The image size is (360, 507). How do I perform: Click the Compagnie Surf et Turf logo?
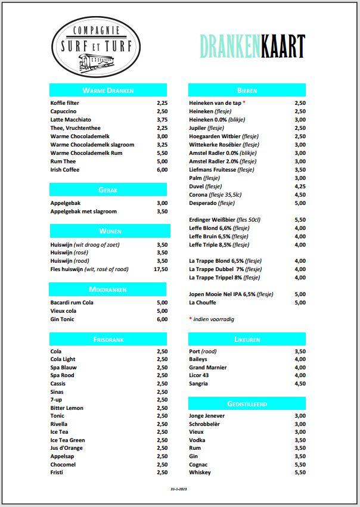coord(97,47)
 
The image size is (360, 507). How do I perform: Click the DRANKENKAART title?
coord(252,46)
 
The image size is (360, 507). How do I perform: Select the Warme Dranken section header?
coord(108,91)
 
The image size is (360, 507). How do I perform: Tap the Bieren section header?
coord(247,91)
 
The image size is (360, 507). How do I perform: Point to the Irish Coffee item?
coord(65,170)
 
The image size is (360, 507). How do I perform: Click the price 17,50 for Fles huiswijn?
coord(161,269)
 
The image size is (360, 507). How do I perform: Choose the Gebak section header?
coord(108,190)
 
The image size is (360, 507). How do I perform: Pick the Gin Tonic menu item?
coord(63,319)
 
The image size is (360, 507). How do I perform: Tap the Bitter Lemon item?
coord(67,408)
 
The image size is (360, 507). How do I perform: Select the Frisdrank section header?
coord(108,339)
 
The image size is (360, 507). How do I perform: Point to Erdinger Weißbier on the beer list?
coord(225,220)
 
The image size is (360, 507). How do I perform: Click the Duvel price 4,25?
coord(300,186)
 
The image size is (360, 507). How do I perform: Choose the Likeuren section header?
coord(247,339)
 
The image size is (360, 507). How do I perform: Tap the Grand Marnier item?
coord(207,368)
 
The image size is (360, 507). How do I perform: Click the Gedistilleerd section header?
coord(247,404)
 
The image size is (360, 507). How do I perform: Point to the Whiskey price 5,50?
coord(300,472)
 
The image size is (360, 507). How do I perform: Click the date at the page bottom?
coord(179,489)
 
